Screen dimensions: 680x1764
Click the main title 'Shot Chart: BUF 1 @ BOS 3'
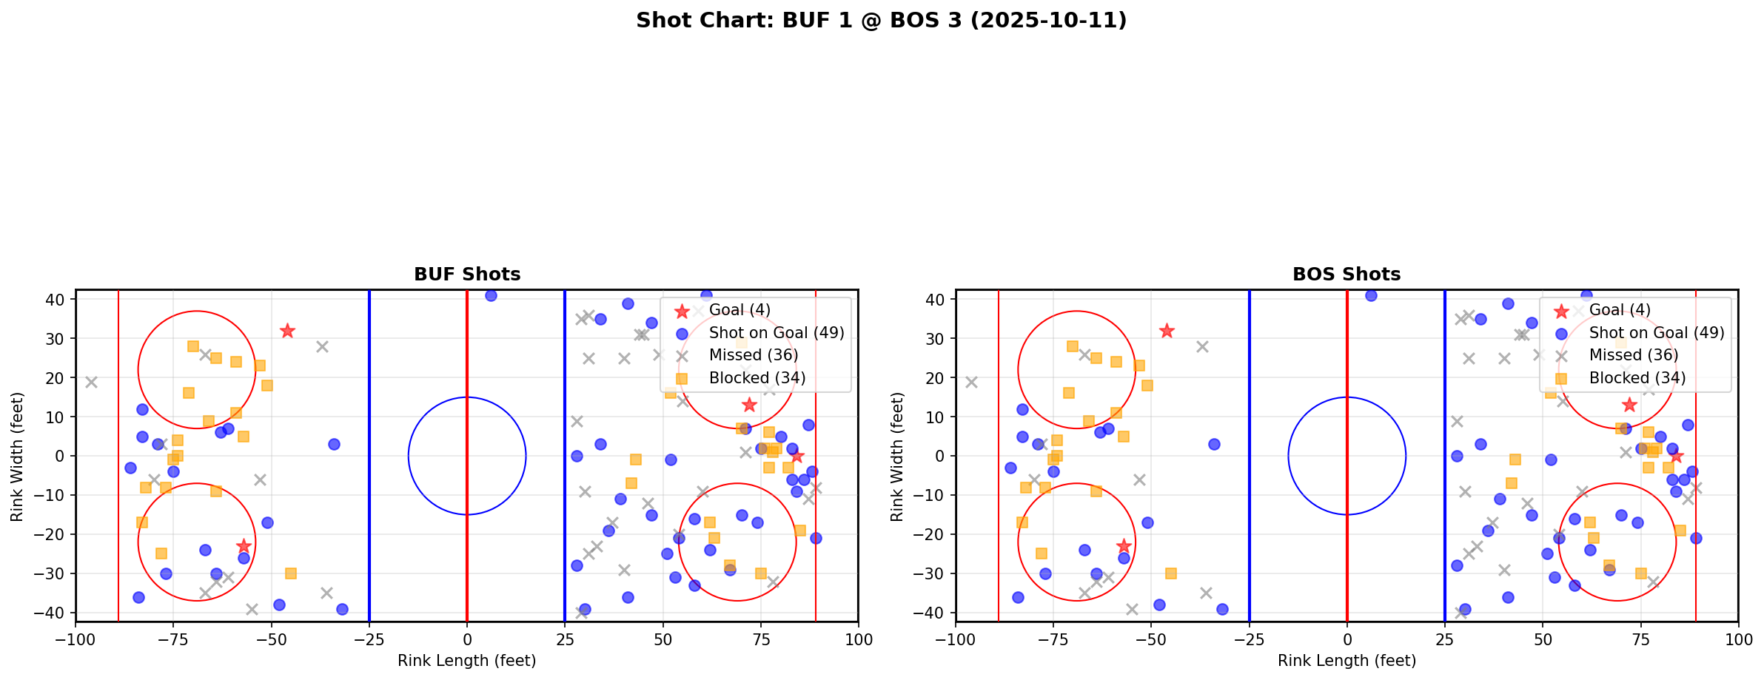coord(881,20)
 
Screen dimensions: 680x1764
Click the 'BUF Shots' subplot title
coord(467,275)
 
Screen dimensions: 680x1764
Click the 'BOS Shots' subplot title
coord(1347,275)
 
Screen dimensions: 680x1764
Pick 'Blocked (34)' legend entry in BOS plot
coord(1637,378)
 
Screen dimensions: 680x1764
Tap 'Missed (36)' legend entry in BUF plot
coord(753,355)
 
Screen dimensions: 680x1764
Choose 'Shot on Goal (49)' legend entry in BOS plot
coord(1656,333)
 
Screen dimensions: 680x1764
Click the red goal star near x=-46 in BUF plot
coord(287,331)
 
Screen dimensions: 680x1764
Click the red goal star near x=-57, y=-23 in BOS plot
coord(1124,546)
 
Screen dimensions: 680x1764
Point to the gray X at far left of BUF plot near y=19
coord(91,382)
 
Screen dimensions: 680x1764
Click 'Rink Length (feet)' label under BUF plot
coord(466,661)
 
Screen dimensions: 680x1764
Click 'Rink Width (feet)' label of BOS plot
coord(897,457)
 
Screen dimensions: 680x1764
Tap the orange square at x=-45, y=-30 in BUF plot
coord(291,573)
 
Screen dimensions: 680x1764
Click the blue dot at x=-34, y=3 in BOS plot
coord(1214,444)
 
